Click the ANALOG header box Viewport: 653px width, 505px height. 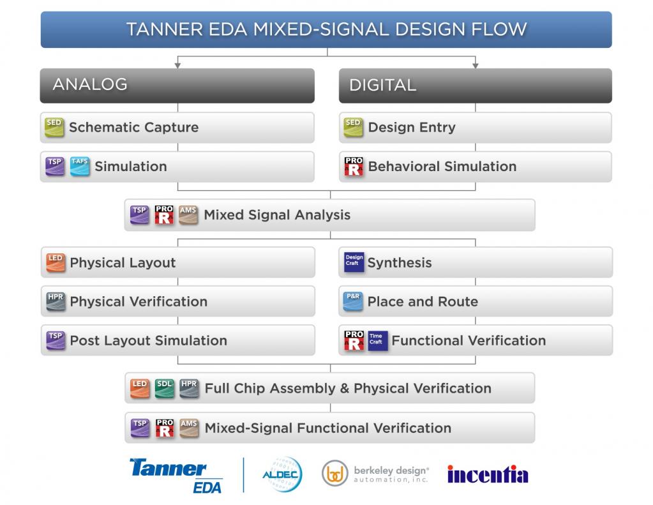click(x=177, y=86)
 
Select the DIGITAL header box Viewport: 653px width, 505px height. click(x=475, y=86)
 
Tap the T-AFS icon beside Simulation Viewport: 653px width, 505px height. click(x=80, y=166)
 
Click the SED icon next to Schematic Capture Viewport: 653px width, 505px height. click(x=54, y=127)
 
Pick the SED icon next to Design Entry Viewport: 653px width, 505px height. click(x=353, y=127)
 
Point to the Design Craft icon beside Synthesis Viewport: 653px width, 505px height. click(x=354, y=262)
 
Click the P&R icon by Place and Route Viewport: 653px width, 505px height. click(x=353, y=301)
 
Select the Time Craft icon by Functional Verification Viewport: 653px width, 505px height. click(x=377, y=340)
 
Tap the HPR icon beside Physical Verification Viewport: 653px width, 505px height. click(x=56, y=301)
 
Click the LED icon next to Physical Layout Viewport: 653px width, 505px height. click(x=56, y=262)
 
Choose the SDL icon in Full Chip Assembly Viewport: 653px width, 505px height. click(x=165, y=388)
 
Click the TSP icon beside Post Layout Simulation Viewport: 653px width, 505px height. click(x=56, y=340)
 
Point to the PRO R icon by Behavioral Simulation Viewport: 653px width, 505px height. click(x=354, y=166)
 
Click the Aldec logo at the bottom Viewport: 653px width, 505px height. click(x=282, y=474)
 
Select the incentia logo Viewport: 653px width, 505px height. click(x=488, y=474)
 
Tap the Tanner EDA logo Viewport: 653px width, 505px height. click(x=176, y=476)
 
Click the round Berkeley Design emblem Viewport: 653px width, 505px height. click(x=335, y=473)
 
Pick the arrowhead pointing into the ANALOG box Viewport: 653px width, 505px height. click(x=177, y=65)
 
